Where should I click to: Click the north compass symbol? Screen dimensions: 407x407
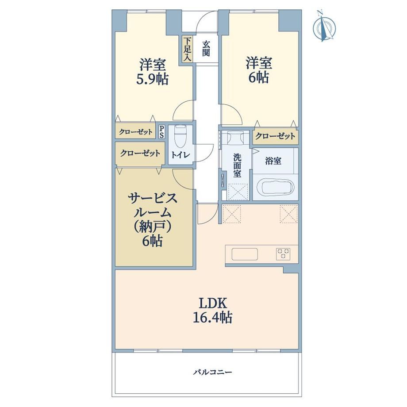324,26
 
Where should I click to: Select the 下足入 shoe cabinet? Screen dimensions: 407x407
188,49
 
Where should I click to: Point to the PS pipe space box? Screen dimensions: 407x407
161,131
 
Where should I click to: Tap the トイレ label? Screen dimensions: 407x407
180,155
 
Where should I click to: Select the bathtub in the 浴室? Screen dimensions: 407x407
277,186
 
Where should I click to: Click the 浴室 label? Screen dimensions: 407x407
273,161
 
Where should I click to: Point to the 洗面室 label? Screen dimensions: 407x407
237,165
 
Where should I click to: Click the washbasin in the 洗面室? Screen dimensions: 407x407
236,137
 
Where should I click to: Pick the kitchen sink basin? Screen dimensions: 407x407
245,254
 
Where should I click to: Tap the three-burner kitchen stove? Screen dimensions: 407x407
283,254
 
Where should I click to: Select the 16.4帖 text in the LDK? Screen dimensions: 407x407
212,317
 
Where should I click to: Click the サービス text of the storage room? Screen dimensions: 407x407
153,199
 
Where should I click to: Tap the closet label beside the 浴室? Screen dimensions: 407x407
275,136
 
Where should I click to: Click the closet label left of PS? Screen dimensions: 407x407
136,132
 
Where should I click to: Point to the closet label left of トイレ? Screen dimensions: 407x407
140,153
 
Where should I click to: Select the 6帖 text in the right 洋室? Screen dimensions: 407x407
258,77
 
